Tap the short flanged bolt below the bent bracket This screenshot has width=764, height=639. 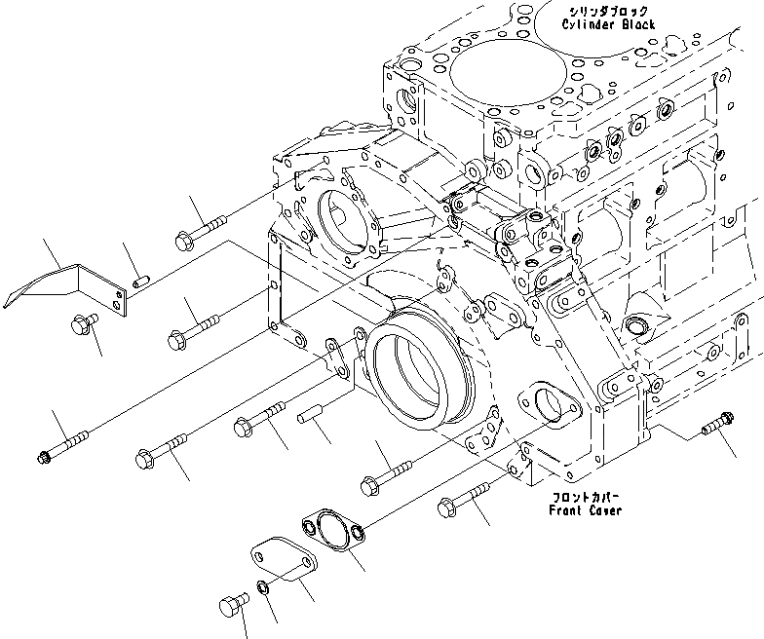[x=82, y=325]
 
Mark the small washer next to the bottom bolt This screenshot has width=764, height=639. [x=264, y=587]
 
